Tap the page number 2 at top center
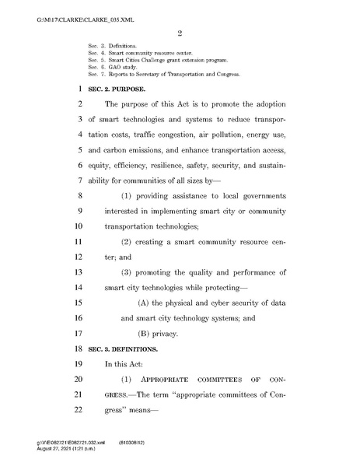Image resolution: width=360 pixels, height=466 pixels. (x=179, y=33)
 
